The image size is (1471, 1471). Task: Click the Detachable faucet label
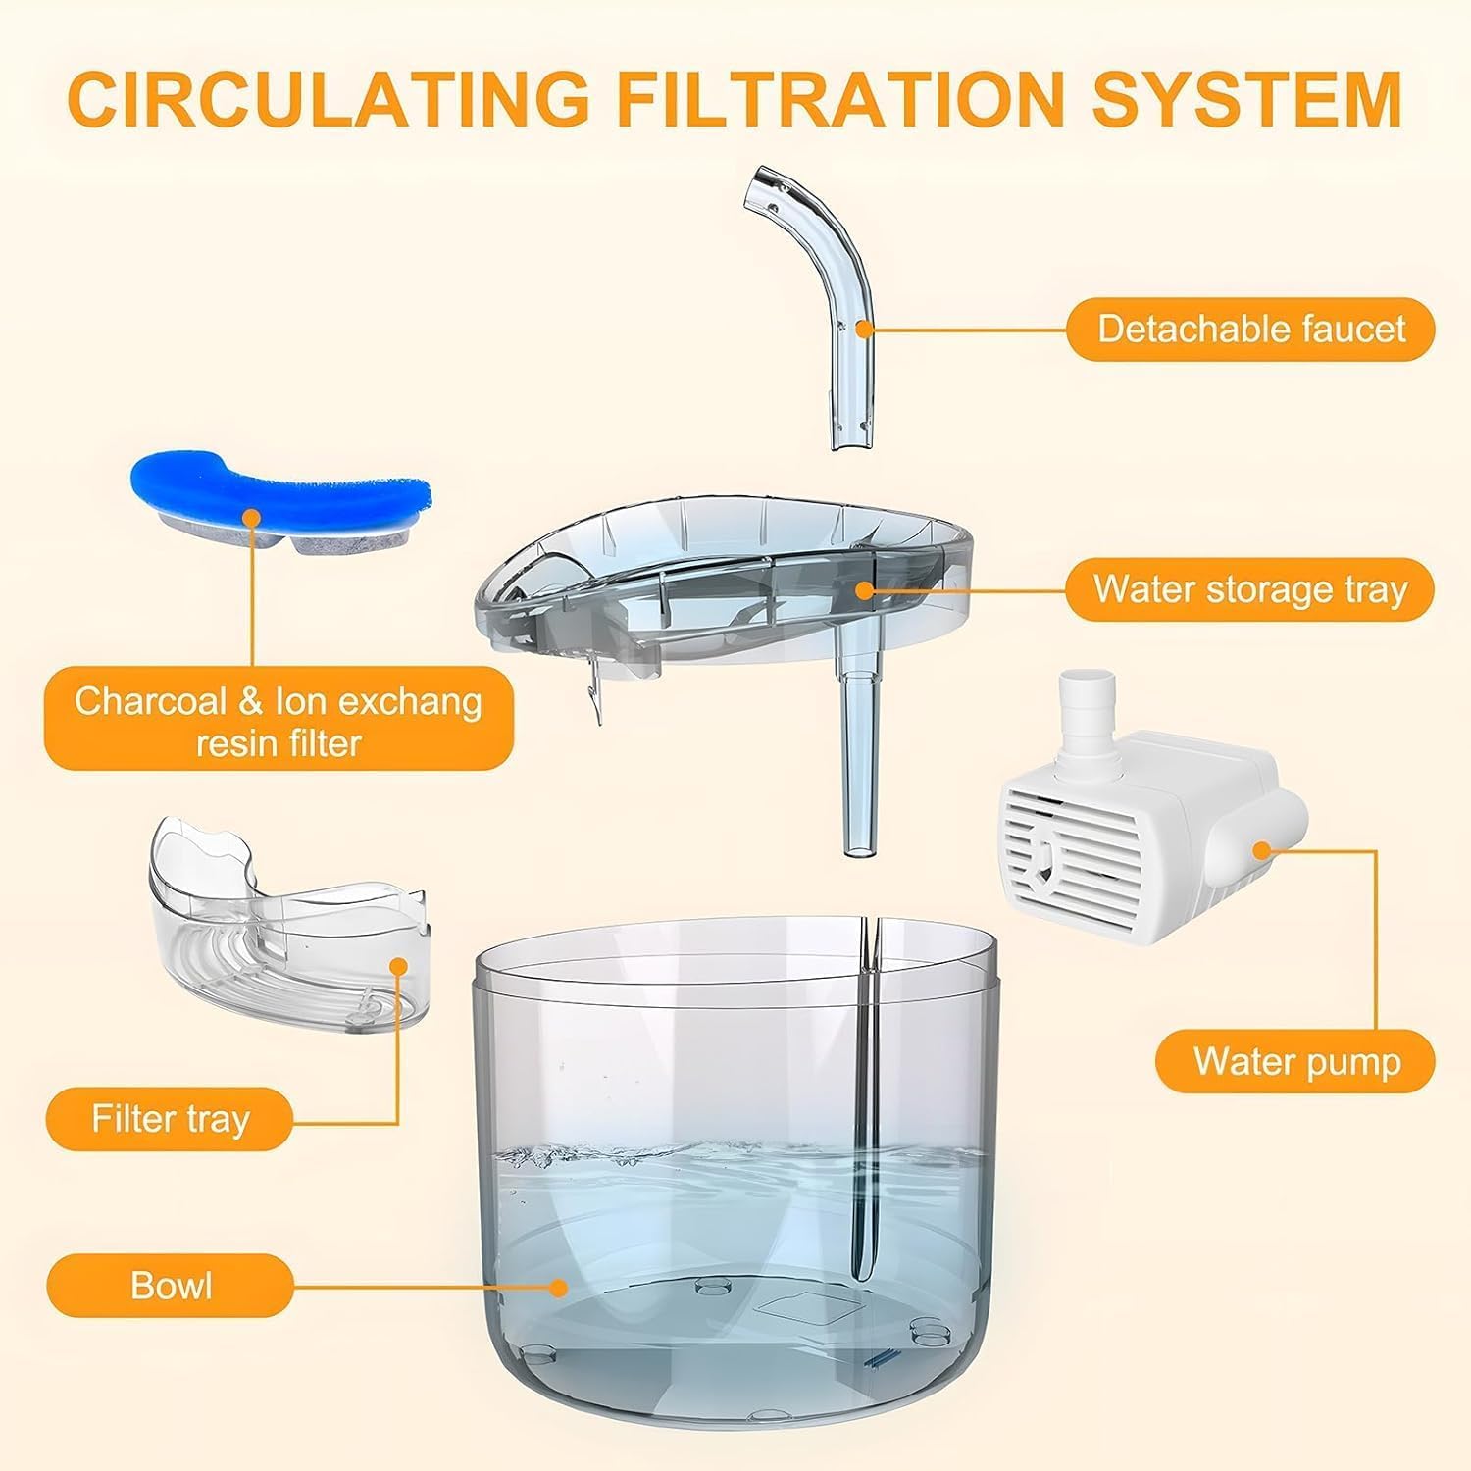[1250, 329]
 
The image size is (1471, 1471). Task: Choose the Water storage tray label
[1250, 589]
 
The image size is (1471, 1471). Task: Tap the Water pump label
[1296, 1061]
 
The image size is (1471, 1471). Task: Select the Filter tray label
[171, 1119]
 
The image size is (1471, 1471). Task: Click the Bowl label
[171, 1286]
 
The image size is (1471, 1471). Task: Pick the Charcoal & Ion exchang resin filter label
[279, 722]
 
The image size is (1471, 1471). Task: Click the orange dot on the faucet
[863, 330]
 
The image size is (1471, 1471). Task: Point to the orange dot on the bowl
[559, 1286]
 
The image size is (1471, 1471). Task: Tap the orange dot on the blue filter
[252, 517]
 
